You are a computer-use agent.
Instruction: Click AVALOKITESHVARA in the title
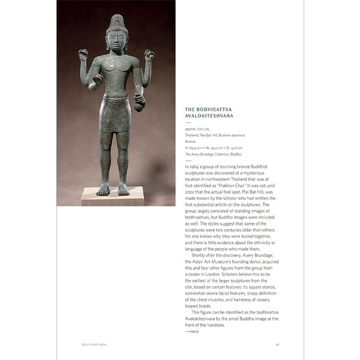(210, 117)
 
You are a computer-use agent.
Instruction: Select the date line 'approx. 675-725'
(198, 129)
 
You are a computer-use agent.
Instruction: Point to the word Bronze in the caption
(191, 142)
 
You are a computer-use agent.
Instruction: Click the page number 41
(277, 344)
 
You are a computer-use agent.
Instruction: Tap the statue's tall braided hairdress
(118, 23)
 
